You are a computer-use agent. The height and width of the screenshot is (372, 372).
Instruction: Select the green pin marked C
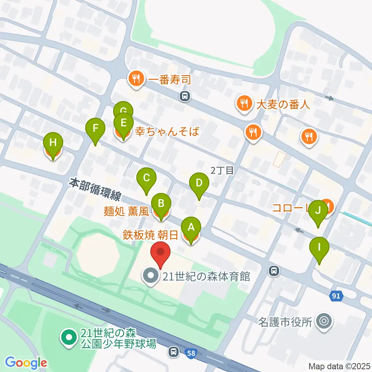[x=146, y=178]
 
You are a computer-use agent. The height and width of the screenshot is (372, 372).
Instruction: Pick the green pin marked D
[x=199, y=183]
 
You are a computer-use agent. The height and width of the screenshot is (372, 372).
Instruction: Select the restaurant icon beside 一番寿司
[x=136, y=79]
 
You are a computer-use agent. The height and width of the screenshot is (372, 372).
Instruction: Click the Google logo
[x=26, y=363]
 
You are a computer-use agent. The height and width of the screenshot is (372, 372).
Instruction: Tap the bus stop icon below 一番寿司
[x=185, y=96]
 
